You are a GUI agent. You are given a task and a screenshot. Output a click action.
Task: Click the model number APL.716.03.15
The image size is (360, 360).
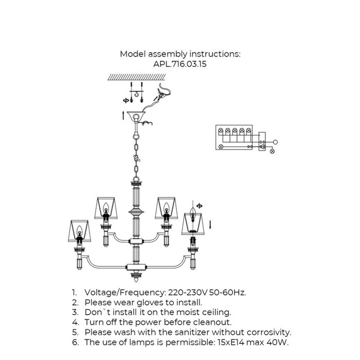pyautogui.click(x=180, y=64)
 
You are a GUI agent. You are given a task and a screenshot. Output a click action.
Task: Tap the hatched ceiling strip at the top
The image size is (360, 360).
pyautogui.click(x=137, y=77)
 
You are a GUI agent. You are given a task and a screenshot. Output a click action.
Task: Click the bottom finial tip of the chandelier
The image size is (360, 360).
pyautogui.click(x=136, y=280)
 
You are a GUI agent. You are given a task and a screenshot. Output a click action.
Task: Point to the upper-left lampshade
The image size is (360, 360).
pyautogui.click(x=106, y=208)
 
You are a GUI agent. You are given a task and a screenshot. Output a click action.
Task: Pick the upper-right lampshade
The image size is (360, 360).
pyautogui.click(x=167, y=208)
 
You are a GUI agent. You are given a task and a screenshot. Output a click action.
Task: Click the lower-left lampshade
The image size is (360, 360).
pyautogui.click(x=79, y=231)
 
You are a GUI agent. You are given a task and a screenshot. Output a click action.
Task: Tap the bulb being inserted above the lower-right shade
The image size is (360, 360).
pyautogui.click(x=193, y=212)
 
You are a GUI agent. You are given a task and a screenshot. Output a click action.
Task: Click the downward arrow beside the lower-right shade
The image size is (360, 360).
pyautogui.click(x=210, y=225)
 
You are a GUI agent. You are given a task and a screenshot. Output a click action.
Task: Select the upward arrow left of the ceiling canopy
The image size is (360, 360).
pyautogui.click(x=123, y=116)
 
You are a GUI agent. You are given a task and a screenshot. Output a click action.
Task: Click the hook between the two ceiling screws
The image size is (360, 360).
pyautogui.click(x=137, y=94)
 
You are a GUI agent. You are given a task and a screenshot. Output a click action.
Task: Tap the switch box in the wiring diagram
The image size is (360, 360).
pyautogui.click(x=262, y=141)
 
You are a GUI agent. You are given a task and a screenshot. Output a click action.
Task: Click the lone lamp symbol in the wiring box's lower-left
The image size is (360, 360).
pyautogui.click(x=221, y=147)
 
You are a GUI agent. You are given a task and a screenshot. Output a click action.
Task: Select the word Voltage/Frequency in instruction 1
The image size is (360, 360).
pyautogui.click(x=124, y=293)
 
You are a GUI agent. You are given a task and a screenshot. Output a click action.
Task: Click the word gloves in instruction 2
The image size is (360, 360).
pyautogui.click(x=152, y=302)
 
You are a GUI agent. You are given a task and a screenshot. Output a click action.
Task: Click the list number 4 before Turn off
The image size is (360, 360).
pyautogui.click(x=75, y=322)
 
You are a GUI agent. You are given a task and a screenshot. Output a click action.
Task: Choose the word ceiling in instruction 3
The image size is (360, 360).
pyautogui.click(x=215, y=313)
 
